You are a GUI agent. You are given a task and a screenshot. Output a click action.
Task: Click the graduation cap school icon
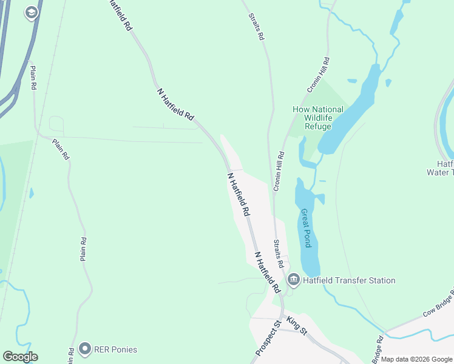31,13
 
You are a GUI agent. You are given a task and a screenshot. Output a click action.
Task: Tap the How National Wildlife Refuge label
318,118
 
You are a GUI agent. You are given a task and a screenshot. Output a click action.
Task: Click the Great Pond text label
307,228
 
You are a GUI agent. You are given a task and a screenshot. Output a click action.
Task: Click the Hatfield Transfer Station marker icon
294,280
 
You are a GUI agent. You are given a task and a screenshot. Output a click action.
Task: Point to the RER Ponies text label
115,349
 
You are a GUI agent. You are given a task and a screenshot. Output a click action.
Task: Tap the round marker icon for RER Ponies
84,349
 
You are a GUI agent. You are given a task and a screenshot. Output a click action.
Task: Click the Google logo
20,357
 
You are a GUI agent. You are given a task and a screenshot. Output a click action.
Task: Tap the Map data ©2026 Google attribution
416,359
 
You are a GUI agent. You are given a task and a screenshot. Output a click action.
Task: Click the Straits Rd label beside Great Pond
278,254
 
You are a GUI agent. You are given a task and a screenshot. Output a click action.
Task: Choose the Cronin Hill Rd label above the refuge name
318,75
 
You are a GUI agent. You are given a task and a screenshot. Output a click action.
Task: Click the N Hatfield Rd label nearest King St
266,271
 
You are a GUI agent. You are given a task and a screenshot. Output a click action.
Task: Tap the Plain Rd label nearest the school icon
33,78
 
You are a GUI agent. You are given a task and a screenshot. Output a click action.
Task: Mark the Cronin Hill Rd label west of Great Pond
279,172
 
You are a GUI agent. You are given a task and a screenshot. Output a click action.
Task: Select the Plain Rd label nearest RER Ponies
83,249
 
